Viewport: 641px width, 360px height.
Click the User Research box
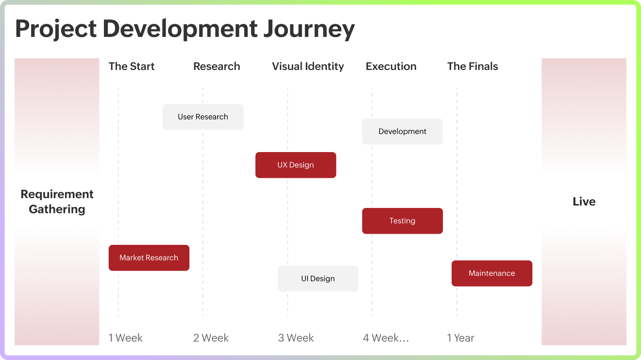click(203, 117)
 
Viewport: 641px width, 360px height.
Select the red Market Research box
click(149, 258)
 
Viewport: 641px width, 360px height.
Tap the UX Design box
click(296, 165)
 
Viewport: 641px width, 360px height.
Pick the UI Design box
click(318, 279)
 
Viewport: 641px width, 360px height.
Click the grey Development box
click(402, 132)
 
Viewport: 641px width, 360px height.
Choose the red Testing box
click(402, 221)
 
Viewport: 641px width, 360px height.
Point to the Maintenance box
click(491, 274)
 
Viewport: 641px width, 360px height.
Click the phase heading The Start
click(132, 67)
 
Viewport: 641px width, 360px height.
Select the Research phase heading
click(217, 67)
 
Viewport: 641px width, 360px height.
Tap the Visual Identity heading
click(308, 67)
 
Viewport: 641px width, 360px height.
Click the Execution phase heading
click(391, 67)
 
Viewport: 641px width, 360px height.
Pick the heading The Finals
click(472, 67)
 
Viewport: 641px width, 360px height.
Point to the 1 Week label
click(126, 338)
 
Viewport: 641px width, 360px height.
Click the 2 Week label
click(211, 338)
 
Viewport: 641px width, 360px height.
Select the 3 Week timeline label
click(296, 338)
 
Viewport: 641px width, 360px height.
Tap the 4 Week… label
click(386, 338)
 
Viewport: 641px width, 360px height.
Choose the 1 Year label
click(461, 338)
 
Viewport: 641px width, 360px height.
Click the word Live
click(584, 202)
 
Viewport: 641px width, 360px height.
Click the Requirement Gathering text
click(57, 202)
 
